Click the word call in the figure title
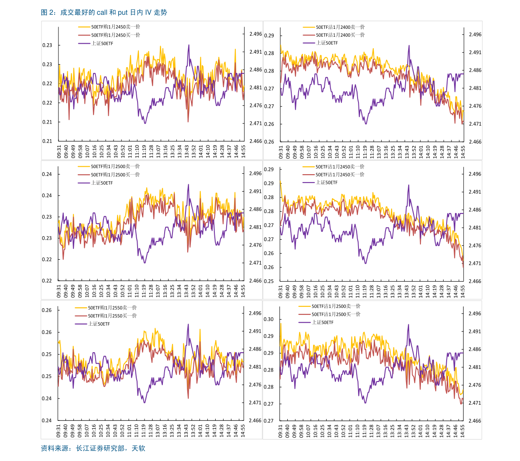point(96,13)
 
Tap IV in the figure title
point(148,13)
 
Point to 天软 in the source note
point(138,448)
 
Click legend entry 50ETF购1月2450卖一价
point(115,27)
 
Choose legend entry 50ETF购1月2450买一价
point(115,35)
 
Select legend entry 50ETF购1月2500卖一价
point(115,166)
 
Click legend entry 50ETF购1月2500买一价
point(115,175)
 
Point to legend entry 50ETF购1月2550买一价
point(112,316)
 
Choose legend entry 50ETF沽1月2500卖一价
point(336,306)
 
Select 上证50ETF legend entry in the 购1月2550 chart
point(99,324)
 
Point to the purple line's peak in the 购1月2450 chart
point(189,45)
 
